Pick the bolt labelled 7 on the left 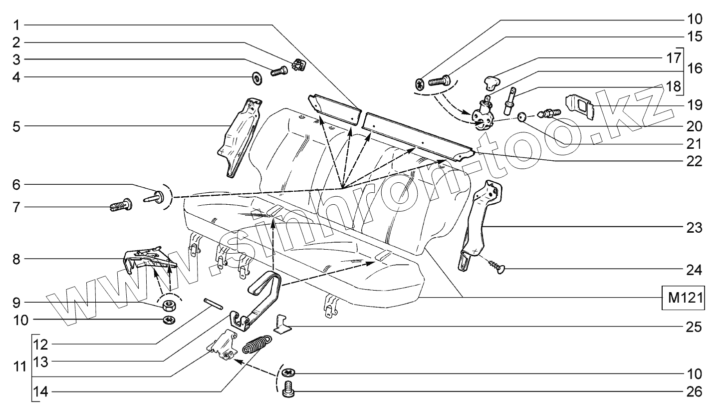tap(121, 205)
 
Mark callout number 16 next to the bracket tap(695, 68)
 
